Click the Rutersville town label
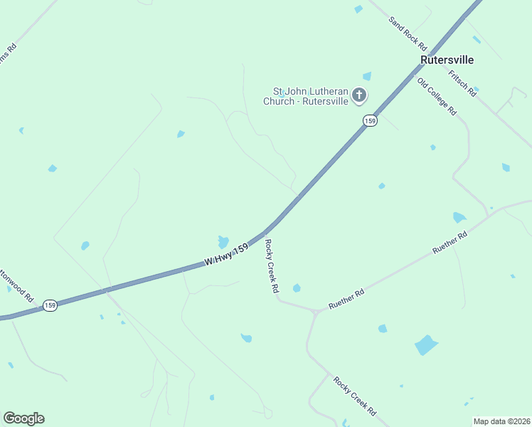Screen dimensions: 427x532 coord(447,60)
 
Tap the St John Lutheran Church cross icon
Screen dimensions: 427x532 coord(360,95)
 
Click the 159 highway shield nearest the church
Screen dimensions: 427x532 coord(369,121)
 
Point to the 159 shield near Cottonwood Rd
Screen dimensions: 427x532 coord(49,305)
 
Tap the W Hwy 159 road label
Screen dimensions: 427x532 coord(227,255)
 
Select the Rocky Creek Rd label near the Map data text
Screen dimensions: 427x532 coord(354,396)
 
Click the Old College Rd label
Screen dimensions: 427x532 coord(437,96)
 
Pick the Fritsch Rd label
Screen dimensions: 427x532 coord(462,83)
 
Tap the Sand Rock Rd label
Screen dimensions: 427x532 coord(408,33)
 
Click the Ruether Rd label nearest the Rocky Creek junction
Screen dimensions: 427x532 coord(346,299)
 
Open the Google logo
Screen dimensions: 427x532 coord(23,418)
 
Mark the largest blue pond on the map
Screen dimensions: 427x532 coord(426,345)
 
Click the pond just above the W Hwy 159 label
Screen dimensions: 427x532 coord(223,242)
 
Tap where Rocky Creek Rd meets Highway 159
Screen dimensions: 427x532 coord(266,232)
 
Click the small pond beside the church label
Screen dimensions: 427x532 coord(367,76)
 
